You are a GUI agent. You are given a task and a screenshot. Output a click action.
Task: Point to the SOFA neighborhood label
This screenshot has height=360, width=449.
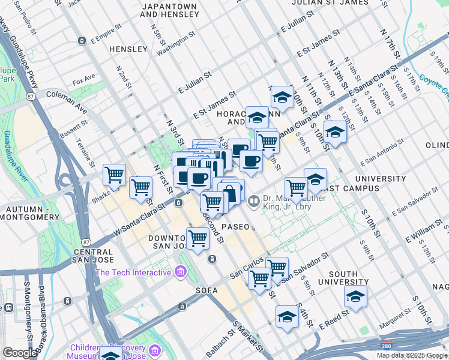point(206,290)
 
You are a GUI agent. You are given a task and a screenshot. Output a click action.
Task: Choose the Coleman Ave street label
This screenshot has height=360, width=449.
point(67,94)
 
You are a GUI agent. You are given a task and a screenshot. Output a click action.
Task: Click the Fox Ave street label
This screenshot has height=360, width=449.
point(83,79)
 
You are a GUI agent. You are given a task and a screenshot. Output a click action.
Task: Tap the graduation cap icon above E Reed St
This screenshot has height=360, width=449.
point(355,297)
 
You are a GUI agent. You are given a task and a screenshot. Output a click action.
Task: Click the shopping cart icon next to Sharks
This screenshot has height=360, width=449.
point(114,175)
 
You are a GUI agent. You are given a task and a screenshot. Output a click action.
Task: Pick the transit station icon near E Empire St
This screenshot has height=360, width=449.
point(82,41)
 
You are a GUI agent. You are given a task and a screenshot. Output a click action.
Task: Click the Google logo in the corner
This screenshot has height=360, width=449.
point(20,353)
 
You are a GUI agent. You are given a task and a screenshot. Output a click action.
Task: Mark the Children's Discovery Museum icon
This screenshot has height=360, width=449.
point(154,349)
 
